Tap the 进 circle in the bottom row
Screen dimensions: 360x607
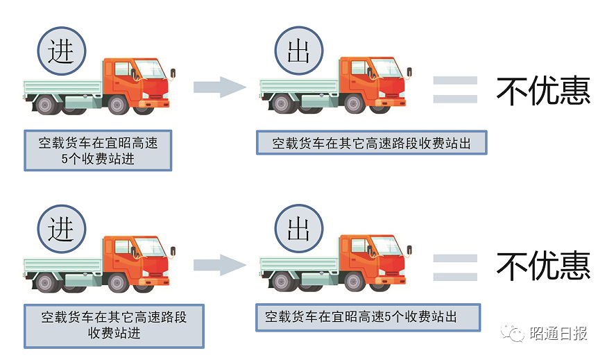coord(61,228)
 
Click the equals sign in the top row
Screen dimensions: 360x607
coord(455,90)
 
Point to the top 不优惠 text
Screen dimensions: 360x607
coord(543,90)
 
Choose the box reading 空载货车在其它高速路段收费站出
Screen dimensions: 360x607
coord(371,144)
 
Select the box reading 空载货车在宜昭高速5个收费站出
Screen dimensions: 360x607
coord(367,317)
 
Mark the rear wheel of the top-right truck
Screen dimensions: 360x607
coord(281,105)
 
